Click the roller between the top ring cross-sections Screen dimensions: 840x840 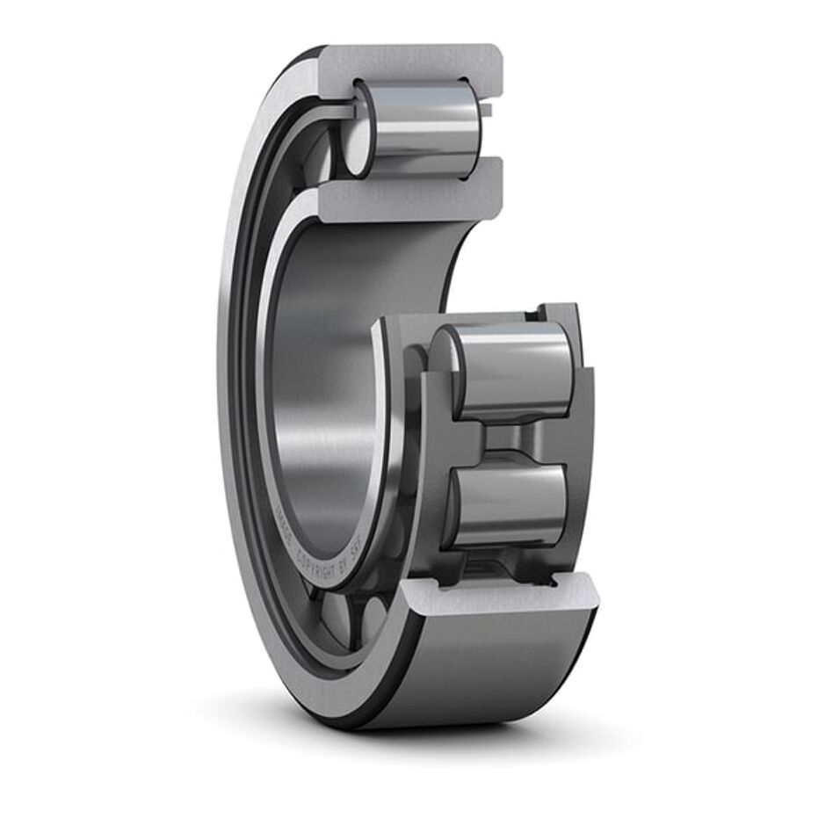(420, 127)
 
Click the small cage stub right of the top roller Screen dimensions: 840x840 (486, 111)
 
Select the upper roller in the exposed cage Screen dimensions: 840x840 (510, 369)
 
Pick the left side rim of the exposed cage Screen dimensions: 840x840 (431, 439)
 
